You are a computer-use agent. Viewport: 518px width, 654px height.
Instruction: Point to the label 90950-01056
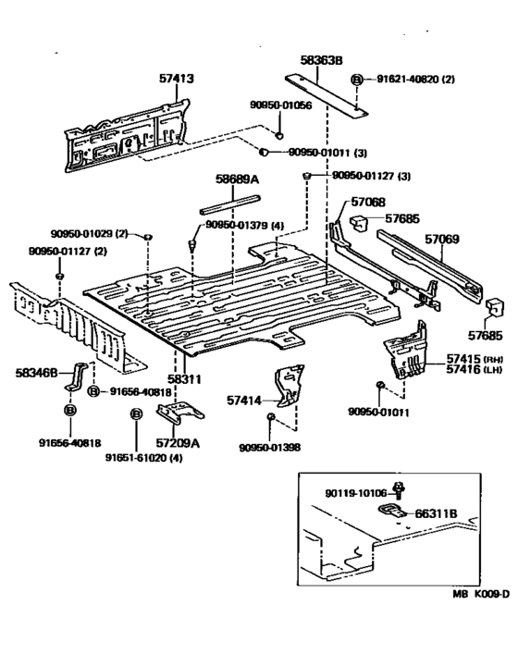(x=280, y=105)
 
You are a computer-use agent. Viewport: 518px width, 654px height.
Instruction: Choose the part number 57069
(x=441, y=239)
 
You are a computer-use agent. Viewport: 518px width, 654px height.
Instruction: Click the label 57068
(x=368, y=203)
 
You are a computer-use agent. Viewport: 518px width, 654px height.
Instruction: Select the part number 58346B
(x=36, y=372)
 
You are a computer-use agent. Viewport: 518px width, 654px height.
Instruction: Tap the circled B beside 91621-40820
(x=357, y=80)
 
